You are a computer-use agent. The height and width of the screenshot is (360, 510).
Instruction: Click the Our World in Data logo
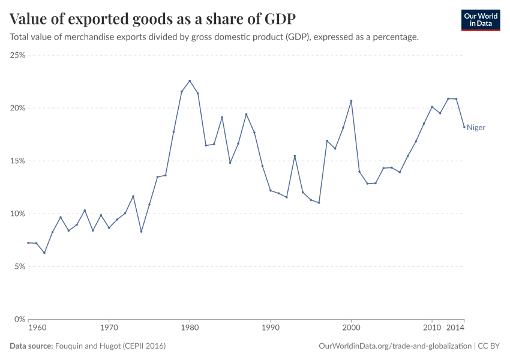[x=480, y=20]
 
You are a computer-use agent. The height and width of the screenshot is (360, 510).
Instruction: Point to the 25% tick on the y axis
[x=17, y=55]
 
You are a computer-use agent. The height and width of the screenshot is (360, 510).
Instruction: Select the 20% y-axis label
[x=17, y=108]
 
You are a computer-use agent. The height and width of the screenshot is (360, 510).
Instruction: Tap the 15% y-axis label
[x=17, y=161]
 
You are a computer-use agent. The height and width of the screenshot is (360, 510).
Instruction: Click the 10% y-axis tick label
[x=17, y=214]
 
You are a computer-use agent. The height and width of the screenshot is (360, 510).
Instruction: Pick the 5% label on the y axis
[x=19, y=266]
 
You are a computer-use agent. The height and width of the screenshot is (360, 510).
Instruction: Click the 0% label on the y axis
[x=19, y=319]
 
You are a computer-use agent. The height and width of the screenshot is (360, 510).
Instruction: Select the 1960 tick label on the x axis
[x=37, y=328]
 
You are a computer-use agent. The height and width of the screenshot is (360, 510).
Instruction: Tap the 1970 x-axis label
[x=109, y=328]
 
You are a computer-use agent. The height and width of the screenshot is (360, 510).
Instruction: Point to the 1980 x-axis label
[x=190, y=328]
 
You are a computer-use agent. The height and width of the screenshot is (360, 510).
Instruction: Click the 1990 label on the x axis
[x=270, y=328]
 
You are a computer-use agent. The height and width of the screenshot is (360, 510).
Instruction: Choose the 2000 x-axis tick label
[x=351, y=328]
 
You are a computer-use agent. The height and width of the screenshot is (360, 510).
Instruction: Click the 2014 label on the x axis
[x=456, y=328]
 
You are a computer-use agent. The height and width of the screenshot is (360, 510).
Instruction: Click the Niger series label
[x=476, y=127]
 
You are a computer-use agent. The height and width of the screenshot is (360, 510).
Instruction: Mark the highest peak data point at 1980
[x=190, y=80]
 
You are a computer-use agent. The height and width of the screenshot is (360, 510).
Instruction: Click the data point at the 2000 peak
[x=351, y=101]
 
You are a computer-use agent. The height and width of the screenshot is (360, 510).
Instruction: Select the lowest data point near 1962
[x=44, y=253]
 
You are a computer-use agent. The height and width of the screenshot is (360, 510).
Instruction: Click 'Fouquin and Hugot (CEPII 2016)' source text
[x=110, y=346]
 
